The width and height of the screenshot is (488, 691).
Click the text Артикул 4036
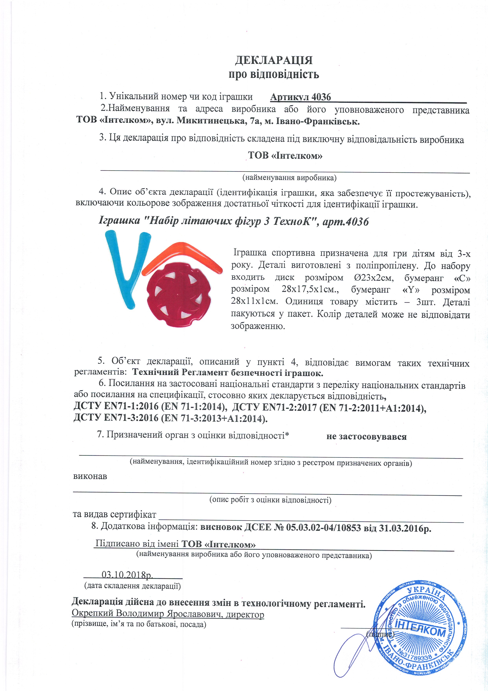click(x=300, y=97)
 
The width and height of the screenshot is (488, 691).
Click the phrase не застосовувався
click(x=366, y=437)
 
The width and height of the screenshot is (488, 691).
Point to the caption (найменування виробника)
click(x=289, y=178)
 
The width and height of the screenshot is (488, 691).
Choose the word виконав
click(x=90, y=476)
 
